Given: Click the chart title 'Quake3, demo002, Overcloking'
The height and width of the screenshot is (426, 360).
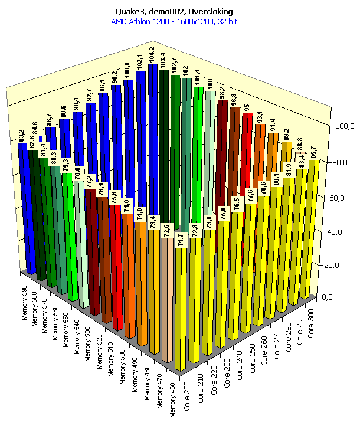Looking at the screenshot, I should tap(181, 11).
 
